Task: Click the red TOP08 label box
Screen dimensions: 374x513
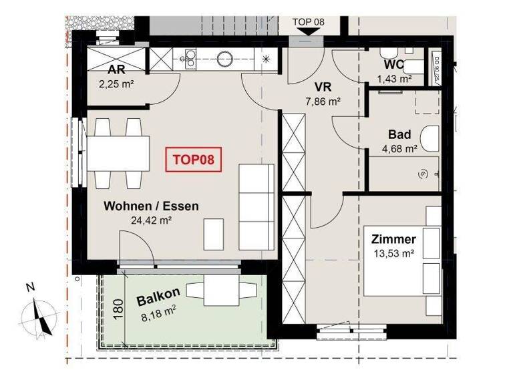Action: coord(193,161)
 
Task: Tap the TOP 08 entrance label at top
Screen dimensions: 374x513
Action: coord(308,21)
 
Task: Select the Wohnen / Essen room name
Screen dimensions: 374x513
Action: coord(151,206)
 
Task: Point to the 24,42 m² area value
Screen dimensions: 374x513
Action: coord(151,220)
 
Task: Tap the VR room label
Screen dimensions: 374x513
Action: coord(323,87)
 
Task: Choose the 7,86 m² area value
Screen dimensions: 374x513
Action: coord(323,102)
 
